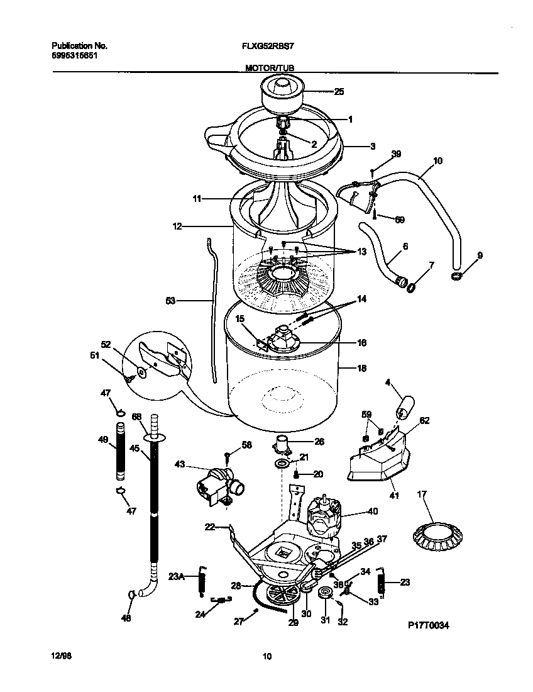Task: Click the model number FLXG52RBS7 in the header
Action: (265, 46)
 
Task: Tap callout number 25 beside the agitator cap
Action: (339, 92)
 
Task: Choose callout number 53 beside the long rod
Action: (171, 301)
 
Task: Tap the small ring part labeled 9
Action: (457, 276)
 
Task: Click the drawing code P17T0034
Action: (429, 626)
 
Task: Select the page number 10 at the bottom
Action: (266, 657)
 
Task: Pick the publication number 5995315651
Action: (74, 55)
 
